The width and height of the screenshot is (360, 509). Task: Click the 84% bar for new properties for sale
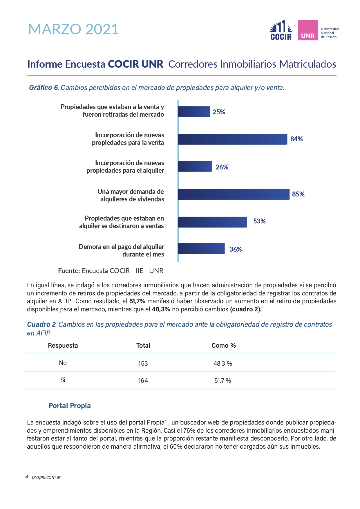click(x=233, y=139)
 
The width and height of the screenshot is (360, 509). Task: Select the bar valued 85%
click(x=234, y=194)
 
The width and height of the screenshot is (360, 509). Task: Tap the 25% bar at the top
click(x=194, y=112)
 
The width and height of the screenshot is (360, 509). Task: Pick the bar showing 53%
click(x=212, y=222)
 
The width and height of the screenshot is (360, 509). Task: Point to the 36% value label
click(x=236, y=249)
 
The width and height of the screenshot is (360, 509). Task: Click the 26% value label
click(x=222, y=167)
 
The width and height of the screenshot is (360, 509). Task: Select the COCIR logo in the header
click(x=281, y=30)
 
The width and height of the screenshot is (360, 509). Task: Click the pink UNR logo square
click(x=308, y=30)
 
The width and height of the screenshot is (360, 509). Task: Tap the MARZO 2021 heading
click(x=74, y=29)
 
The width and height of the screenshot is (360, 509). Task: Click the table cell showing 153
click(x=143, y=363)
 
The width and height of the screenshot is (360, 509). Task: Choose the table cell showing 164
click(x=143, y=380)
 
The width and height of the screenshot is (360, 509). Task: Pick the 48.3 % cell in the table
click(x=223, y=363)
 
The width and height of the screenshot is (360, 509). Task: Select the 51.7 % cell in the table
click(x=223, y=380)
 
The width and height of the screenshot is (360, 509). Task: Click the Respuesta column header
click(x=63, y=345)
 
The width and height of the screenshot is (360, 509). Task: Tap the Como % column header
click(x=224, y=345)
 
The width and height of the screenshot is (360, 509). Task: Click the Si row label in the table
click(x=63, y=380)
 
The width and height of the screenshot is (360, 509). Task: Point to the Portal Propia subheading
click(x=70, y=406)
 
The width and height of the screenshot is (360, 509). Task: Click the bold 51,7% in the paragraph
click(x=137, y=301)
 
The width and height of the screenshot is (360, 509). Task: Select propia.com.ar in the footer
click(x=46, y=477)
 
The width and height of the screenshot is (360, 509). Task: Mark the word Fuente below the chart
click(x=69, y=271)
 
